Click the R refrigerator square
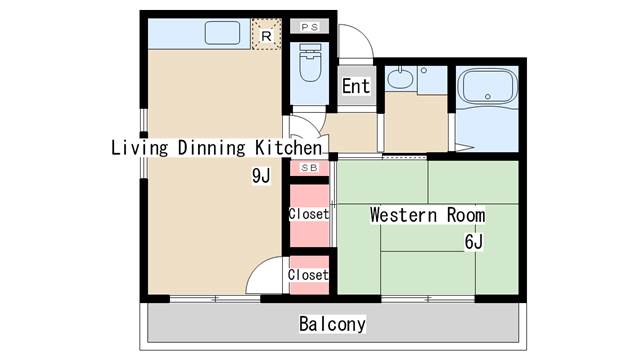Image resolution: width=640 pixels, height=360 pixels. (x=267, y=34)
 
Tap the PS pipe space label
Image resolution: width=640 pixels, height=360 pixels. (x=309, y=27)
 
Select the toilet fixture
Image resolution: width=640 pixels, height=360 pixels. (x=310, y=62)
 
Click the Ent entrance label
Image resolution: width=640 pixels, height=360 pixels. (x=356, y=86)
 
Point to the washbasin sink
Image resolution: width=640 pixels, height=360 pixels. (x=400, y=79)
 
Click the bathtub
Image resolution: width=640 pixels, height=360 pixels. (x=487, y=86)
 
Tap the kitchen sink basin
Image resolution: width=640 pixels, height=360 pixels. (x=222, y=33)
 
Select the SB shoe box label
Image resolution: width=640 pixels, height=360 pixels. (x=309, y=168)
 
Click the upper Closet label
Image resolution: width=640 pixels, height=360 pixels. (x=309, y=214)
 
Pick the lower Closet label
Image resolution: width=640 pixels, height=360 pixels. (x=308, y=275)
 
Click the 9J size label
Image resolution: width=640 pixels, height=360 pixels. (x=261, y=176)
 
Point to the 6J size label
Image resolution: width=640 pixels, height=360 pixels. (x=473, y=242)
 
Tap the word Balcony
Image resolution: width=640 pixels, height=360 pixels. (x=332, y=324)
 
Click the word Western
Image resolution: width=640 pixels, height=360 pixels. (x=403, y=215)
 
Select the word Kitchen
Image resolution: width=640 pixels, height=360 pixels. (x=289, y=147)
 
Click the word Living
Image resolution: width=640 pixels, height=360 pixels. (x=140, y=148)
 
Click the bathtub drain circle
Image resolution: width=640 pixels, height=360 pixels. (x=487, y=97)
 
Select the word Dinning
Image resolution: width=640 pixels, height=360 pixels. (x=211, y=148)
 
